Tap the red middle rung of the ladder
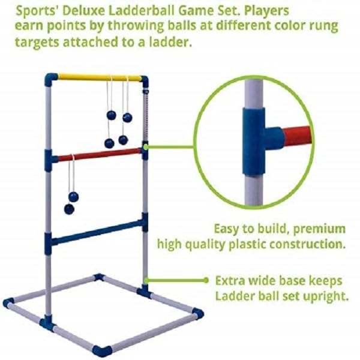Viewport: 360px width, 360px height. [x=99, y=155]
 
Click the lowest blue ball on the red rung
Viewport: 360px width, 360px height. [x=69, y=209]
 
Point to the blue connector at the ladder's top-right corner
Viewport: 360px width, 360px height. [x=144, y=79]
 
